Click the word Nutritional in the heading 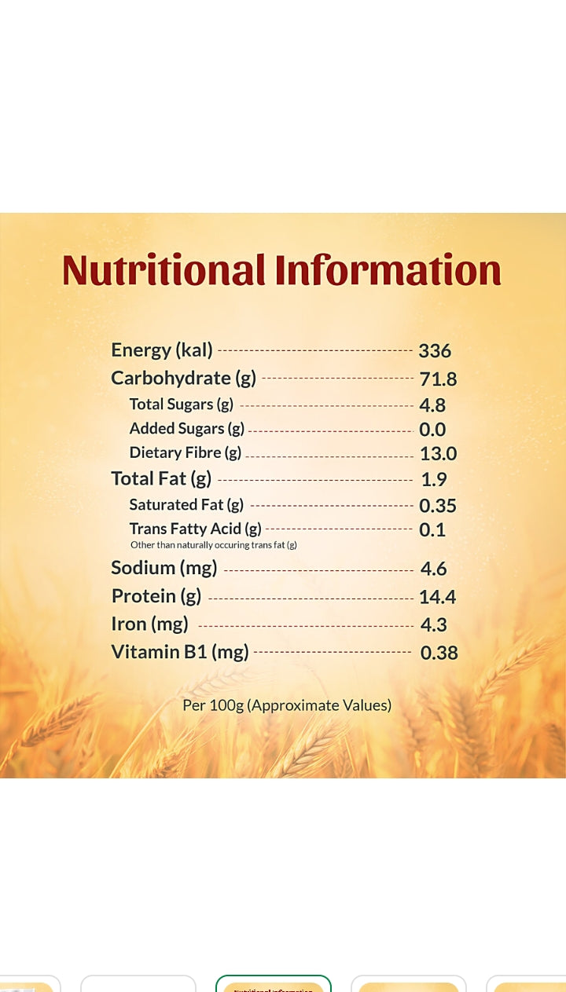(x=164, y=269)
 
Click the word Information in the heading (x=388, y=269)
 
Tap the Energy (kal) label (x=162, y=350)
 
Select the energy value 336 (x=435, y=351)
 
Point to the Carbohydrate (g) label (x=183, y=379)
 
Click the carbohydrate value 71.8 (x=438, y=379)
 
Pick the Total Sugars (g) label (x=182, y=404)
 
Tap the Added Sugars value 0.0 (x=432, y=430)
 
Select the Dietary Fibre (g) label (x=186, y=453)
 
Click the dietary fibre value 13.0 (x=438, y=453)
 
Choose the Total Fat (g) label (x=161, y=479)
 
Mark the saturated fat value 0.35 (x=437, y=506)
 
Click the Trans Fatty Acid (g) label (x=196, y=529)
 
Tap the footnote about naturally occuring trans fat (x=214, y=545)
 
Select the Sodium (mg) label (x=164, y=568)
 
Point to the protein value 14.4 (x=437, y=597)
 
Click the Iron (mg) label (x=150, y=624)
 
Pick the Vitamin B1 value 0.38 (x=439, y=653)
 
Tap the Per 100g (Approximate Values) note (x=287, y=705)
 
